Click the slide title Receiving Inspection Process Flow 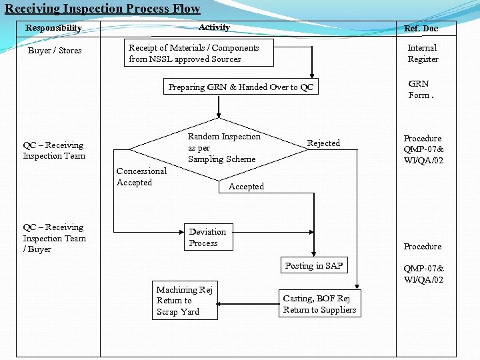click(x=102, y=9)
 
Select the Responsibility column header click(x=53, y=28)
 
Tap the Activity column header click(x=214, y=27)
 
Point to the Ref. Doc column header click(x=421, y=29)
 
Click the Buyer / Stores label click(x=55, y=51)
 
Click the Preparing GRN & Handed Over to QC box click(x=241, y=87)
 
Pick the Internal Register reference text click(x=423, y=53)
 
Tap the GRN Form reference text click(x=420, y=89)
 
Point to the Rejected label click(x=323, y=143)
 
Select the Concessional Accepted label click(x=141, y=177)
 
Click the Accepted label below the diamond click(x=246, y=187)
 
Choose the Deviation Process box click(x=208, y=237)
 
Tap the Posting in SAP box click(x=313, y=265)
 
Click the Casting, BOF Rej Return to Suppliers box click(x=319, y=304)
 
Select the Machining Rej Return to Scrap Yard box click(x=184, y=301)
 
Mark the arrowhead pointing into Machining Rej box click(x=221, y=303)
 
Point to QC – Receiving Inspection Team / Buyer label click(x=55, y=238)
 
